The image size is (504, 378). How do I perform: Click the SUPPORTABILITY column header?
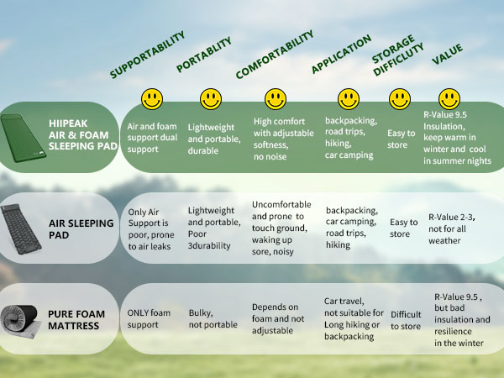pyautogui.click(x=147, y=55)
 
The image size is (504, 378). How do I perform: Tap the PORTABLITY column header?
pyautogui.click(x=204, y=55)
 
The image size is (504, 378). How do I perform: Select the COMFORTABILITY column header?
pyautogui.click(x=275, y=55)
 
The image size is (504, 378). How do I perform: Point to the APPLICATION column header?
pyautogui.click(x=341, y=54)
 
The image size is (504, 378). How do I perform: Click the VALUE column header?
pyautogui.click(x=447, y=54)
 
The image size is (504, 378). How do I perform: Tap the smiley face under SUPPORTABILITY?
pyautogui.click(x=152, y=99)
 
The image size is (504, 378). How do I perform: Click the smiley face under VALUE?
pyautogui.click(x=449, y=99)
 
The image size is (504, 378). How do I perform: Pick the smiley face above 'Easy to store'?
pyautogui.click(x=400, y=99)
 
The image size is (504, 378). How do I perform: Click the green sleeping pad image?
pyautogui.click(x=23, y=138)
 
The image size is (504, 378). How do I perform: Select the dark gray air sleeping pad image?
pyautogui.click(x=21, y=228)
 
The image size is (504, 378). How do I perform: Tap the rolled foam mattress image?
pyautogui.click(x=20, y=321)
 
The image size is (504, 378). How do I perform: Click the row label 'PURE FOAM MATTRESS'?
pyautogui.click(x=76, y=320)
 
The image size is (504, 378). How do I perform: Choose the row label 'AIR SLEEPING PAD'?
pyautogui.click(x=81, y=228)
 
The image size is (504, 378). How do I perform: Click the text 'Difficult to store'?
pyautogui.click(x=406, y=320)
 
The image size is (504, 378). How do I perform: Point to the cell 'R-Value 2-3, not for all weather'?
pyautogui.click(x=452, y=228)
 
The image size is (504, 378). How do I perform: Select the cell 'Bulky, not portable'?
pyautogui.click(x=213, y=318)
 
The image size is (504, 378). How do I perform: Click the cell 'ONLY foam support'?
pyautogui.click(x=149, y=318)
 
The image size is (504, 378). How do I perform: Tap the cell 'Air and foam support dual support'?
pyautogui.click(x=152, y=138)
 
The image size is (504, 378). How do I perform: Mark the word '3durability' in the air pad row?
pyautogui.click(x=209, y=246)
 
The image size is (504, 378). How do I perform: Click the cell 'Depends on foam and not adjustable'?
pyautogui.click(x=278, y=318)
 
